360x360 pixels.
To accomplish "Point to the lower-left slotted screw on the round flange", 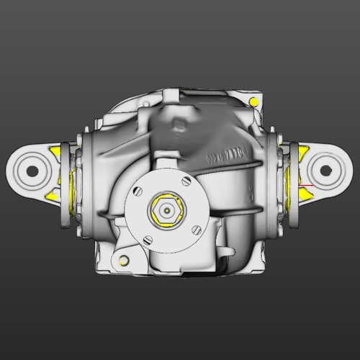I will [x=148, y=240].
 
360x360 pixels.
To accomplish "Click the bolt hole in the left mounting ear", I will [x=32, y=171].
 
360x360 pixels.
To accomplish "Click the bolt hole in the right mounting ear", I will [x=325, y=171].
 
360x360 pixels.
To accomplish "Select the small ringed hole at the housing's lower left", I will [x=124, y=258].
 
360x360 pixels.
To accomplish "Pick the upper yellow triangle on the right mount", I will [x=304, y=150].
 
